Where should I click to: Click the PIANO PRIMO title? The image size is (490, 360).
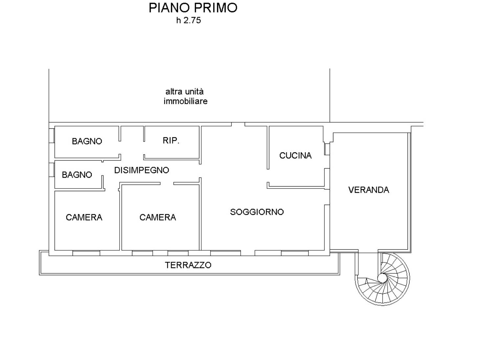coord(193,8)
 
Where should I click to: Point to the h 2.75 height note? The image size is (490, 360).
coord(189,20)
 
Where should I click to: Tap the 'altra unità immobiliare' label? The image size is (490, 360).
coord(185,96)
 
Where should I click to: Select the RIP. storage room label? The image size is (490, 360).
coord(171,141)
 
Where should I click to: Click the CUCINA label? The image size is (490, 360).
coord(295,156)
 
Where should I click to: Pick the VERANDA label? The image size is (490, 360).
coord(368,190)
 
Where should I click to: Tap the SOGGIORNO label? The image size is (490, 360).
coord(257,212)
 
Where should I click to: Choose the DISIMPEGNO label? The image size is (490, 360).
coord(142,170)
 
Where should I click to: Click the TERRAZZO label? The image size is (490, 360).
coord(188,265)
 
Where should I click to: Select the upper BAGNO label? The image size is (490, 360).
coord(87,141)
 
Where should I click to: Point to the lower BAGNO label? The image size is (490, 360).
coord(77,175)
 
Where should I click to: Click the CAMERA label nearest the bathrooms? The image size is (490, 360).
coord(84,217)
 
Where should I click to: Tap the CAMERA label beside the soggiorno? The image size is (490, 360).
coord(158,217)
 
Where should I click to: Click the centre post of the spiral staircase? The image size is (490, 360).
coord(382,278)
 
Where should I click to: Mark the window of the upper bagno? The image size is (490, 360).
coord(52,136)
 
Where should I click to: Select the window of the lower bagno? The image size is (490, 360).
coord(52,170)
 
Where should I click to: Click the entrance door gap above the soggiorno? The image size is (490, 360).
coord(238,124)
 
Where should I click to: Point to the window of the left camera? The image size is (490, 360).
coord(86,253)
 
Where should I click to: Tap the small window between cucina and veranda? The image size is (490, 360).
coord(327,149)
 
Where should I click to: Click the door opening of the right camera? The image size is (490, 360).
coord(167,183)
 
